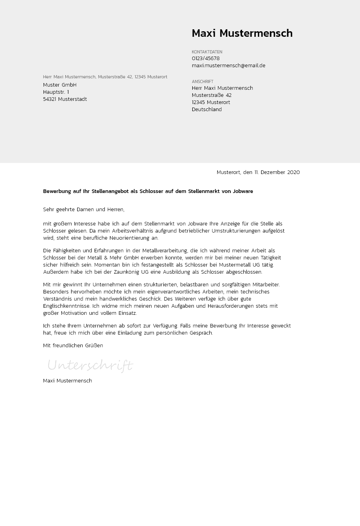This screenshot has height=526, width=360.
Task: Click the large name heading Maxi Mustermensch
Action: click(242, 34)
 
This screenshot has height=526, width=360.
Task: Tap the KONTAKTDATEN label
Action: click(207, 52)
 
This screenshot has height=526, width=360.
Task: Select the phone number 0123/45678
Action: click(206, 59)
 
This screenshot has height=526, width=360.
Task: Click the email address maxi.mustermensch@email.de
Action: click(228, 66)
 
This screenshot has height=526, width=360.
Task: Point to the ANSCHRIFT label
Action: click(203, 81)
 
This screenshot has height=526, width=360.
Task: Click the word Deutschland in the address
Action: click(207, 110)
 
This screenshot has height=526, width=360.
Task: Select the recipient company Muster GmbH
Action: click(60, 85)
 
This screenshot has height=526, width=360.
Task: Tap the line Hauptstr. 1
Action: click(56, 92)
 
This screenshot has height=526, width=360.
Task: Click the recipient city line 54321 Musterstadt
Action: click(65, 99)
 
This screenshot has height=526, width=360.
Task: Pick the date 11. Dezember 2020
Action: click(277, 172)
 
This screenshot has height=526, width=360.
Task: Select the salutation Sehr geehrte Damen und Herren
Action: click(83, 210)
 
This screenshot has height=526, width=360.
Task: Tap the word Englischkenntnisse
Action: click(66, 306)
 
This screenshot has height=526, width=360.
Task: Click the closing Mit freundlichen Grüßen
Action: click(73, 346)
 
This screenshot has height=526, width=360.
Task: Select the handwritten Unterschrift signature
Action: click(90, 365)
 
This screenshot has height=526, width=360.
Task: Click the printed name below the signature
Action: click(67, 381)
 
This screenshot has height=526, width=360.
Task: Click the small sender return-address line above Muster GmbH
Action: click(105, 77)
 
